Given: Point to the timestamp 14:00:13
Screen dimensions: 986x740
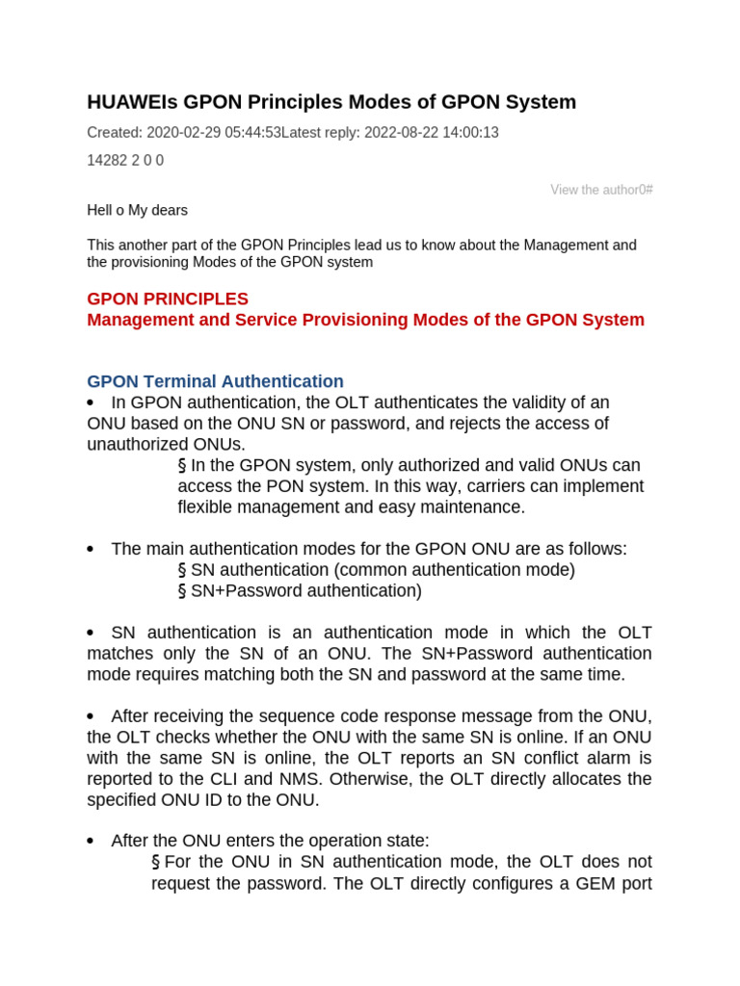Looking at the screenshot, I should [x=467, y=133].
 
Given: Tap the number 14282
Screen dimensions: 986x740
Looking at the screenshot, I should [x=106, y=161].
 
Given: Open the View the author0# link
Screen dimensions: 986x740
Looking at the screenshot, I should [x=601, y=190].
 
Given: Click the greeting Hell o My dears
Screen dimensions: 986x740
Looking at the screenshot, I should [x=137, y=210].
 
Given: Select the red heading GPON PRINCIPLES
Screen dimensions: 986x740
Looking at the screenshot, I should [x=168, y=298].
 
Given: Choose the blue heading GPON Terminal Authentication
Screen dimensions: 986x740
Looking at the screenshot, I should [x=215, y=381].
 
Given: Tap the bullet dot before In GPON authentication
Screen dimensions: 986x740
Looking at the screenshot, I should [x=91, y=402].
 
